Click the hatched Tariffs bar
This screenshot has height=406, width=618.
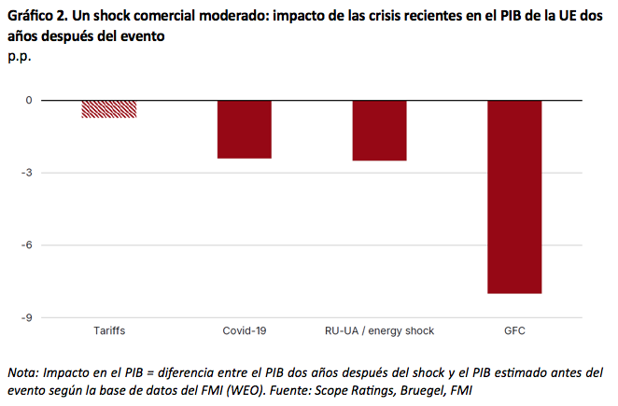[109, 108]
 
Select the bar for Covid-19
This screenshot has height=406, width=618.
[245, 129]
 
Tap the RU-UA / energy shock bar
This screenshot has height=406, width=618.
[379, 131]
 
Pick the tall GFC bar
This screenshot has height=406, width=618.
[514, 196]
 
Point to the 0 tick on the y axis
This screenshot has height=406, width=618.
[29, 100]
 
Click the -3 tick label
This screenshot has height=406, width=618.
[27, 173]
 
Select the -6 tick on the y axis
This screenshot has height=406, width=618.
[27, 245]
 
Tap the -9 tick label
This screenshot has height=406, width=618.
[27, 318]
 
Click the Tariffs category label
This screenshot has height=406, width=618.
[109, 331]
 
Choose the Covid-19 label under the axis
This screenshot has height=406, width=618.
[245, 331]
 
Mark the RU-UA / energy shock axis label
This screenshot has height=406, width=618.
[379, 331]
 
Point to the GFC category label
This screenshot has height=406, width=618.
[514, 331]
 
